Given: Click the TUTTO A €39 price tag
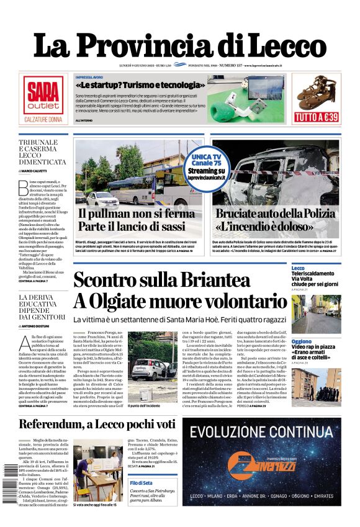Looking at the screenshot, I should click(x=316, y=116).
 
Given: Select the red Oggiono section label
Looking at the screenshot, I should click(x=302, y=341).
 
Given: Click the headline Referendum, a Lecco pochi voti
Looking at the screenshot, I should click(x=97, y=425).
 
